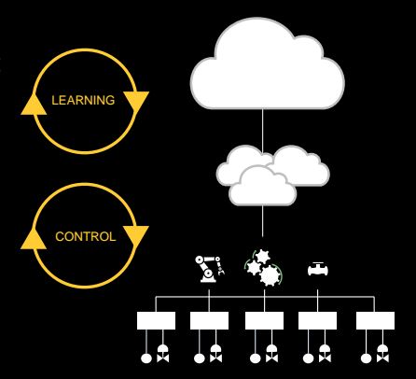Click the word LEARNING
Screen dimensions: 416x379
point(83,100)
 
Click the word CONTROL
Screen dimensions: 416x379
point(86,237)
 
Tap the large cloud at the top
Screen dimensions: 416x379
point(268,65)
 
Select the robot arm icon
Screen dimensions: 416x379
point(210,269)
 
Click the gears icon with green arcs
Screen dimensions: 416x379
point(264,268)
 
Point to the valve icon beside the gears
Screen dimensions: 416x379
point(317,270)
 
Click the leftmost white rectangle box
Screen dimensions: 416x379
point(156,320)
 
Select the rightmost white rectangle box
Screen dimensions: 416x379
point(375,320)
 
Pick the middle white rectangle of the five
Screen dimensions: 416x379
point(264,320)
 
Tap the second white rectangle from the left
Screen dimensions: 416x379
point(209,320)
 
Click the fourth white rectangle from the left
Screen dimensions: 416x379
point(317,320)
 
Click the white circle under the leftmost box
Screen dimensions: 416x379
point(146,358)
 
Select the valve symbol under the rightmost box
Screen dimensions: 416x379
point(382,354)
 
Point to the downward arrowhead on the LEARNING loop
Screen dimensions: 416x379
point(136,100)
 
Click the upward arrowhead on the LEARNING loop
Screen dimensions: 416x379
point(34,105)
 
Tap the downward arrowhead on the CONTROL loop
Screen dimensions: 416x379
point(136,235)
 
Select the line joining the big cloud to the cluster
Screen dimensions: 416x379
point(263,131)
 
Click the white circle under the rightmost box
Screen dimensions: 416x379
point(366,358)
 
